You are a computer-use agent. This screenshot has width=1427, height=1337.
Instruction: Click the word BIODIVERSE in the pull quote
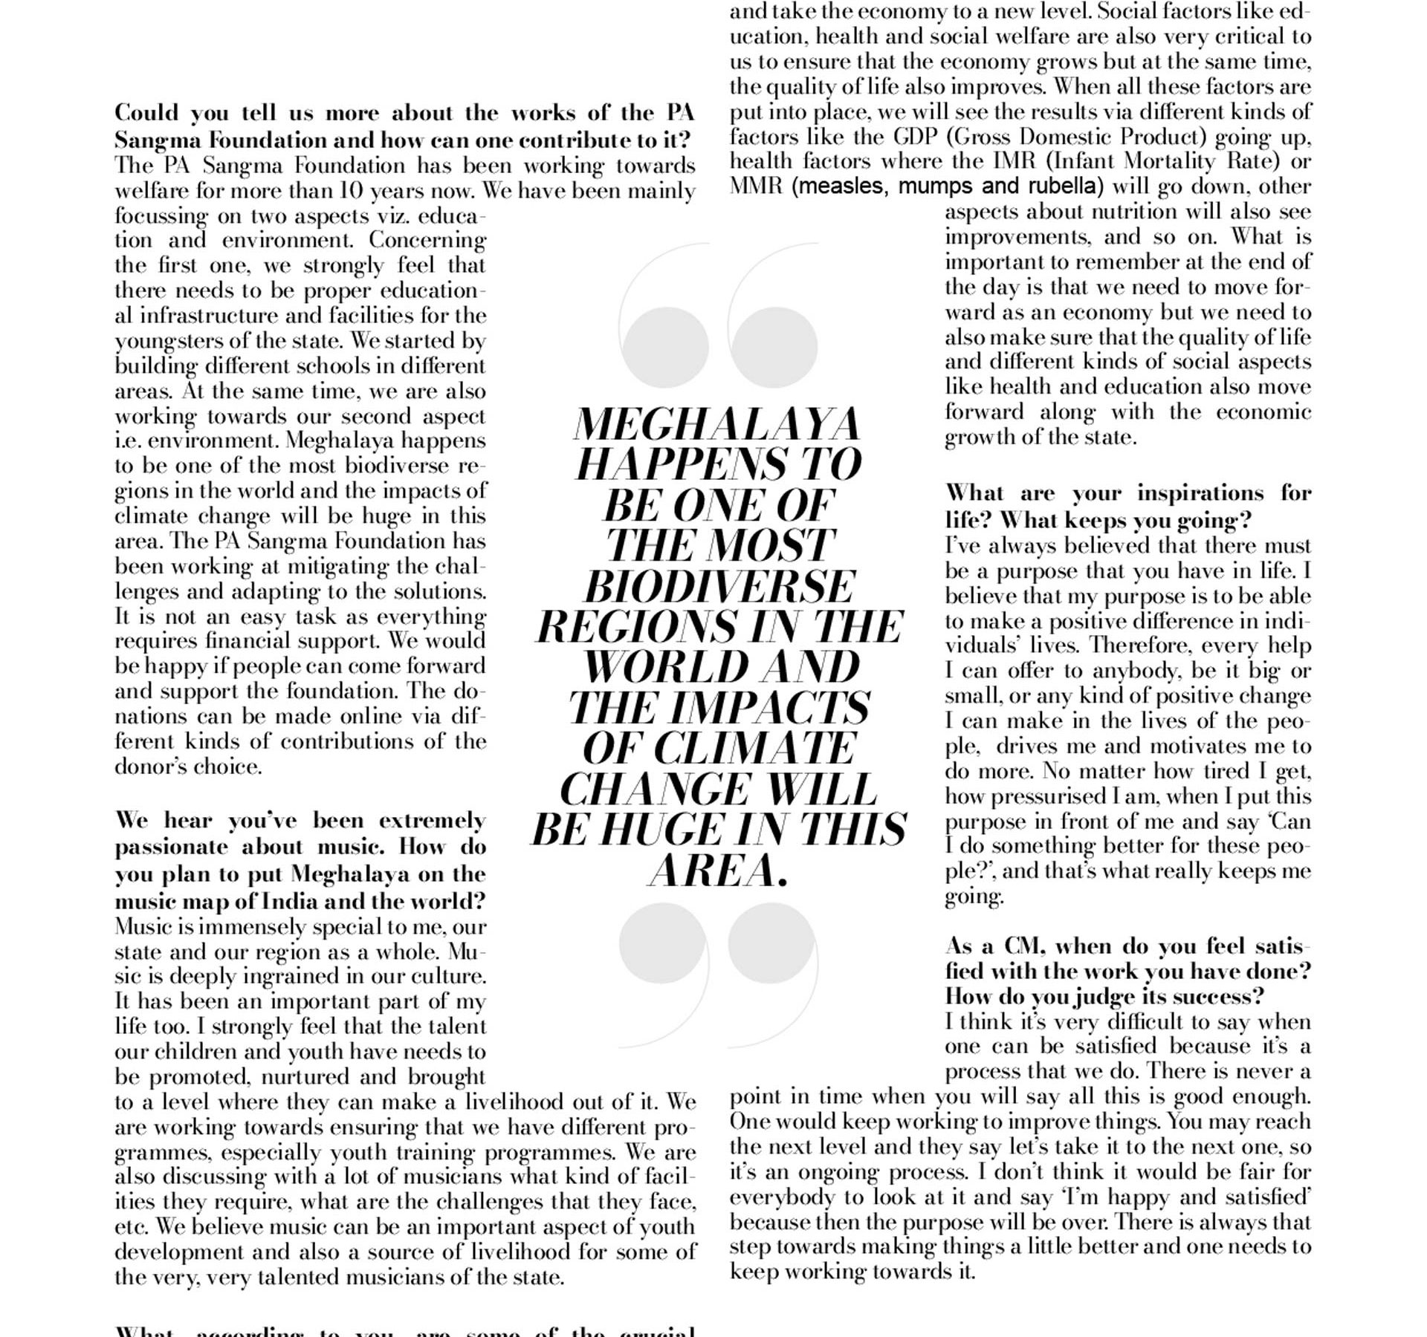[x=719, y=587]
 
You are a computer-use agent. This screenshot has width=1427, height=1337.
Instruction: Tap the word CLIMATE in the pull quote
[x=754, y=748]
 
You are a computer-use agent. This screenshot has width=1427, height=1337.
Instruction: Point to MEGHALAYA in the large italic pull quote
[x=716, y=425]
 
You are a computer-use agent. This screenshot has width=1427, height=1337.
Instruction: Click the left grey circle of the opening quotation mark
[x=665, y=348]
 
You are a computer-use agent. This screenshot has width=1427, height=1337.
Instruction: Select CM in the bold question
[x=1024, y=946]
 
